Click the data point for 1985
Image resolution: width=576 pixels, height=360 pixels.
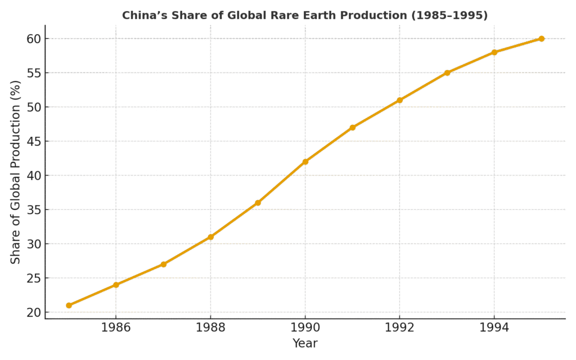tap(69, 305)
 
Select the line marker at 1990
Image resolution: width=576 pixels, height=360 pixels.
tap(305, 161)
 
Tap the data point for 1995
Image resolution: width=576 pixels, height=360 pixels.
tap(542, 38)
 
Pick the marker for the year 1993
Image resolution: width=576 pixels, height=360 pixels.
tap(447, 73)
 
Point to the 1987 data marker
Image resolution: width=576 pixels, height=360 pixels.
tap(163, 264)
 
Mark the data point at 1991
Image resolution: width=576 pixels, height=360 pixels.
tap(353, 127)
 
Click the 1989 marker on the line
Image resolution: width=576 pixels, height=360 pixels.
tap(258, 202)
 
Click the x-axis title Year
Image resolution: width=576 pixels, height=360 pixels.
tap(305, 343)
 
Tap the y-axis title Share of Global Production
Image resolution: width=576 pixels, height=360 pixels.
tap(16, 172)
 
